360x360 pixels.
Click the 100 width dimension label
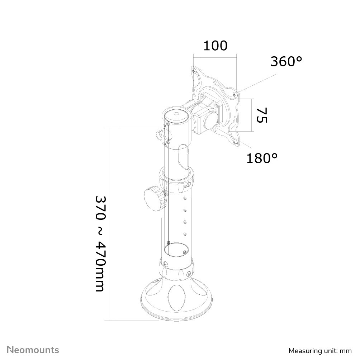215,46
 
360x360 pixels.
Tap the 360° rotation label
286,62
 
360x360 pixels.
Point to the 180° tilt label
262,157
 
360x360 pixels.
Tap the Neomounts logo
33,350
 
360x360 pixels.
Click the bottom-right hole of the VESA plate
235,142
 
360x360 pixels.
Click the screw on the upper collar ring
189,185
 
